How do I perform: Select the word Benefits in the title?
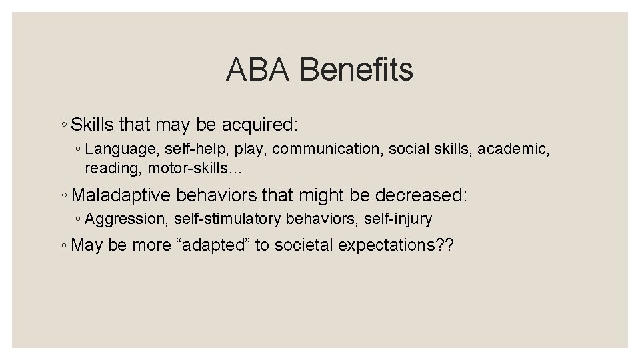click(357, 70)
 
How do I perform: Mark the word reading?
click(109, 169)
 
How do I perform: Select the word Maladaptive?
click(122, 196)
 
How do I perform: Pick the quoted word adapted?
click(215, 245)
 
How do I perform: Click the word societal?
click(303, 245)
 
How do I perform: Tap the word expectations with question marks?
click(395, 245)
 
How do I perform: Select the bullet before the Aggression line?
click(78, 219)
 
